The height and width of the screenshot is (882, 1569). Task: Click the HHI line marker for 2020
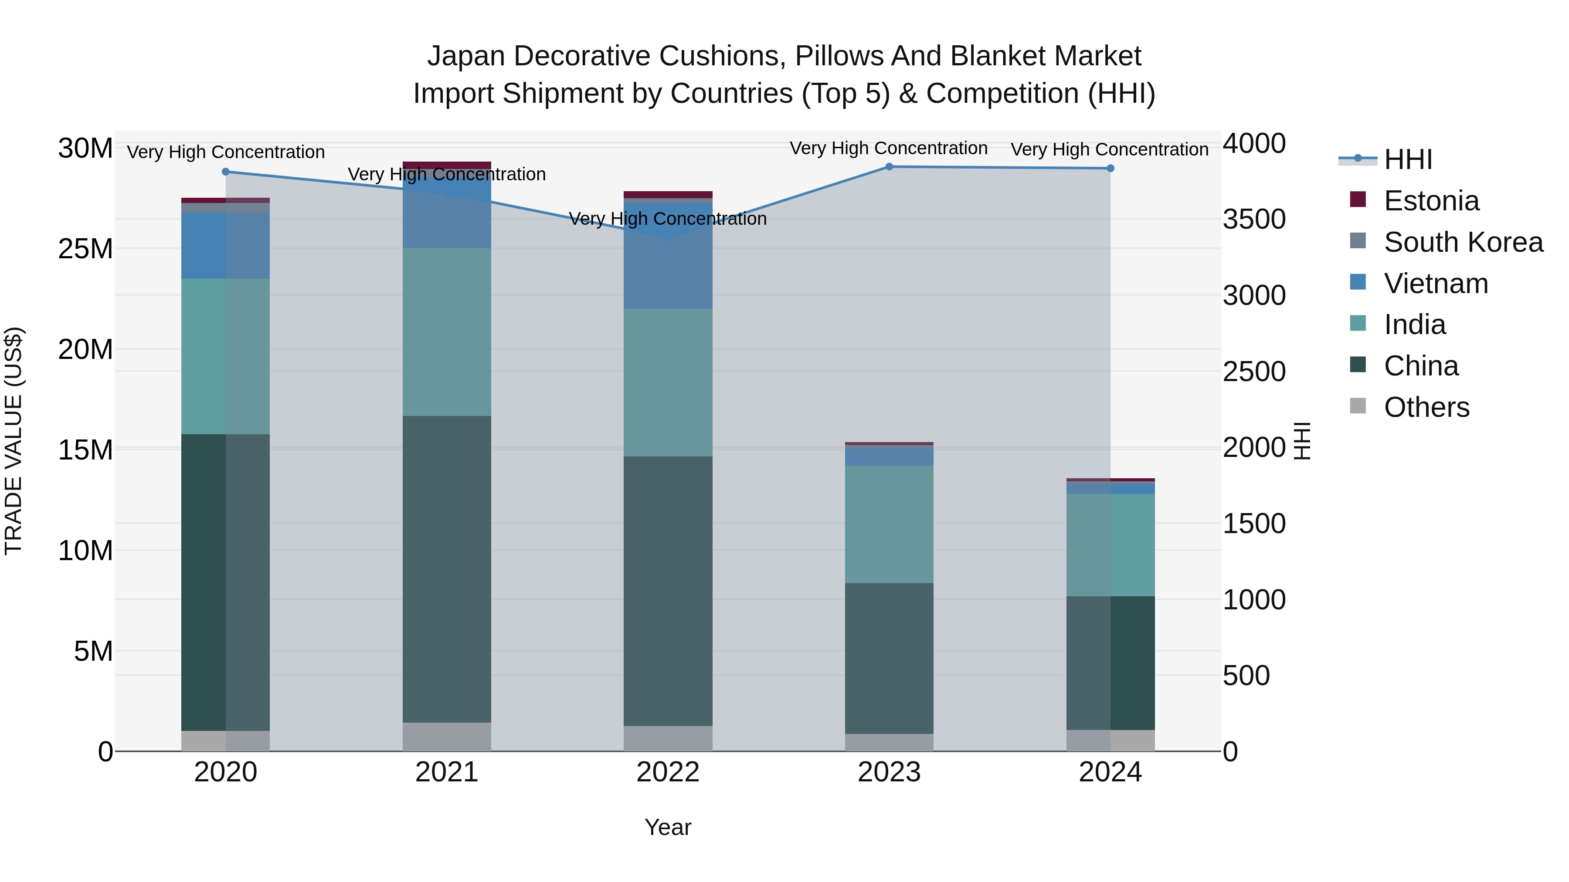point(225,172)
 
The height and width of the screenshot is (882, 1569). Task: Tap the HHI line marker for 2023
point(889,167)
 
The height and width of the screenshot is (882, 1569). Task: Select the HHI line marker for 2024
point(1111,169)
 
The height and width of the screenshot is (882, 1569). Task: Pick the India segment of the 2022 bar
point(668,382)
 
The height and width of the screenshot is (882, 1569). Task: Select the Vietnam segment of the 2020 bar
point(225,245)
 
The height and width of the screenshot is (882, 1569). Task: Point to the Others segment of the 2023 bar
point(889,742)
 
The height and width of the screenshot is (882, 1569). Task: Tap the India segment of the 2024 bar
point(1111,545)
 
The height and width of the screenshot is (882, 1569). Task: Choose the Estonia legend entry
point(1431,201)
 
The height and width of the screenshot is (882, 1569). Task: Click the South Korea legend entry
point(1463,242)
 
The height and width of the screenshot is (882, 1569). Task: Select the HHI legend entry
point(1408,159)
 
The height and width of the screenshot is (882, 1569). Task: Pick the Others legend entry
point(1426,407)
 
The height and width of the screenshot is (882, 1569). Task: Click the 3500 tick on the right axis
point(1253,220)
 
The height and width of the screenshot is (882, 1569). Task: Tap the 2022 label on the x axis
point(668,772)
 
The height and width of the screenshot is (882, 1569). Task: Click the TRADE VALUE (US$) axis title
point(14,441)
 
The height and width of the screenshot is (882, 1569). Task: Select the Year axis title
point(668,827)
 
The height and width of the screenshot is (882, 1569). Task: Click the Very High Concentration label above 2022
point(668,219)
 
